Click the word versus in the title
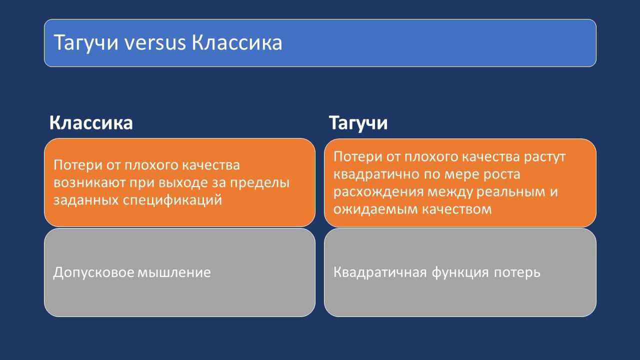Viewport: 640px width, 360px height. tap(155, 43)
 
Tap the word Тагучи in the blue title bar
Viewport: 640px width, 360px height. tap(85, 43)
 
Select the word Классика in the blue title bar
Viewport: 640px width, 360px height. tap(237, 42)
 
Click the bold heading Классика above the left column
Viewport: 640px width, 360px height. tap(91, 123)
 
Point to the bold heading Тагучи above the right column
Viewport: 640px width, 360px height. tap(358, 123)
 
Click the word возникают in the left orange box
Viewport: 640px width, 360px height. tap(89, 183)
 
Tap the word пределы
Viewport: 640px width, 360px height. tap(259, 183)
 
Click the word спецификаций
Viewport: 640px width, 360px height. tap(172, 200)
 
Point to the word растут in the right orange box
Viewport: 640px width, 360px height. tap(544, 157)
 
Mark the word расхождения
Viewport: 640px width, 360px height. tap(378, 192)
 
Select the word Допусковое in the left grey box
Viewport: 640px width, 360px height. tap(93, 272)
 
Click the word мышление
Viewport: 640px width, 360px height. tap(174, 272)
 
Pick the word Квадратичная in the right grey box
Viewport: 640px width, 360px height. tap(380, 272)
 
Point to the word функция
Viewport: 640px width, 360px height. tap(460, 272)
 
